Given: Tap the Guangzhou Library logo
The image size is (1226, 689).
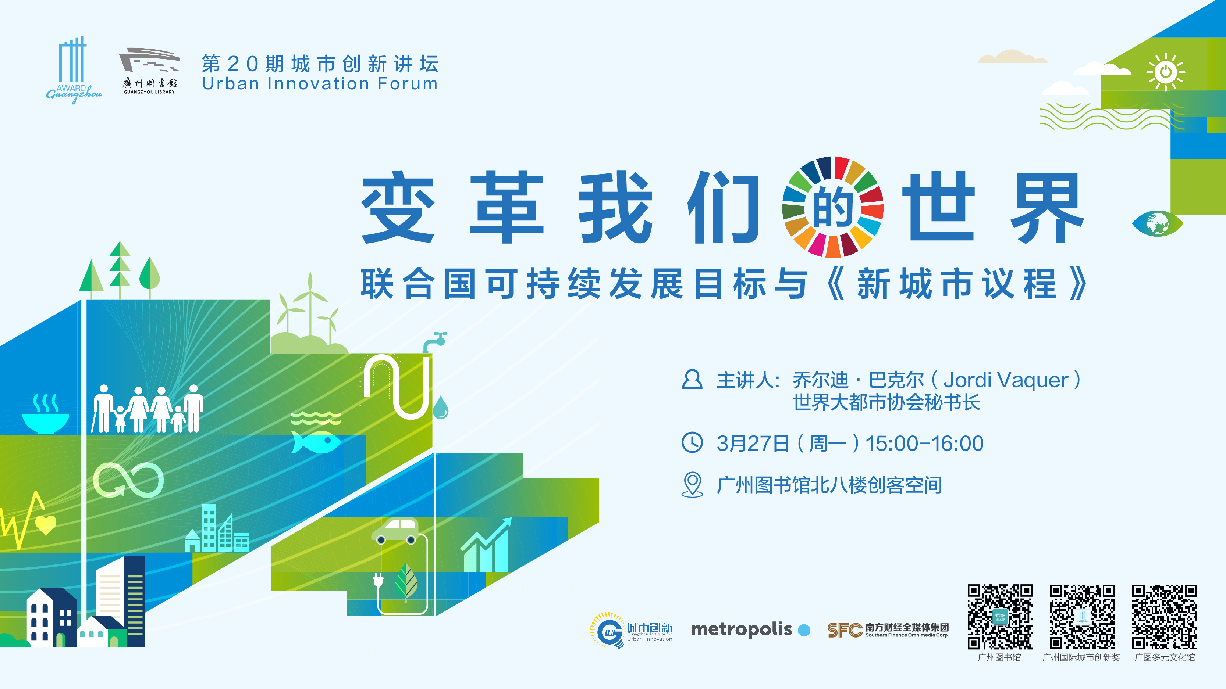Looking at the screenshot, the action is tap(149, 71).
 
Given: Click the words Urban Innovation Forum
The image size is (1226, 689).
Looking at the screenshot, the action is tap(320, 84).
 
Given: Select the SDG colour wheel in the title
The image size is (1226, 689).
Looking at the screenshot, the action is tap(833, 207).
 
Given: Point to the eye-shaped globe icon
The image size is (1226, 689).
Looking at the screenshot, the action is tap(1158, 223).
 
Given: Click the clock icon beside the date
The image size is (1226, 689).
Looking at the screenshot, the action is tap(692, 442).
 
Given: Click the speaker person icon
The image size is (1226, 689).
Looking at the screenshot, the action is tap(692, 380).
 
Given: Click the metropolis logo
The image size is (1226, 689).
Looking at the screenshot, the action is tap(750, 629).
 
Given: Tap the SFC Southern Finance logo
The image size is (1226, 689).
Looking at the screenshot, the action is tap(888, 630).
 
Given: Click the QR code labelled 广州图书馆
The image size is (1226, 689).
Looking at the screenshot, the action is tap(1000, 617).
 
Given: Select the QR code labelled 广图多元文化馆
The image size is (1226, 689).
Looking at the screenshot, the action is tap(1165, 617).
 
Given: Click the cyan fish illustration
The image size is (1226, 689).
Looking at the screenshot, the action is tap(316, 442).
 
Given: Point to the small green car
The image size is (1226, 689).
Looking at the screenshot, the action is tap(395, 531).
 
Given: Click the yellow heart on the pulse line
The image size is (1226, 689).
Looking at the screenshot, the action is tap(46, 524).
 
